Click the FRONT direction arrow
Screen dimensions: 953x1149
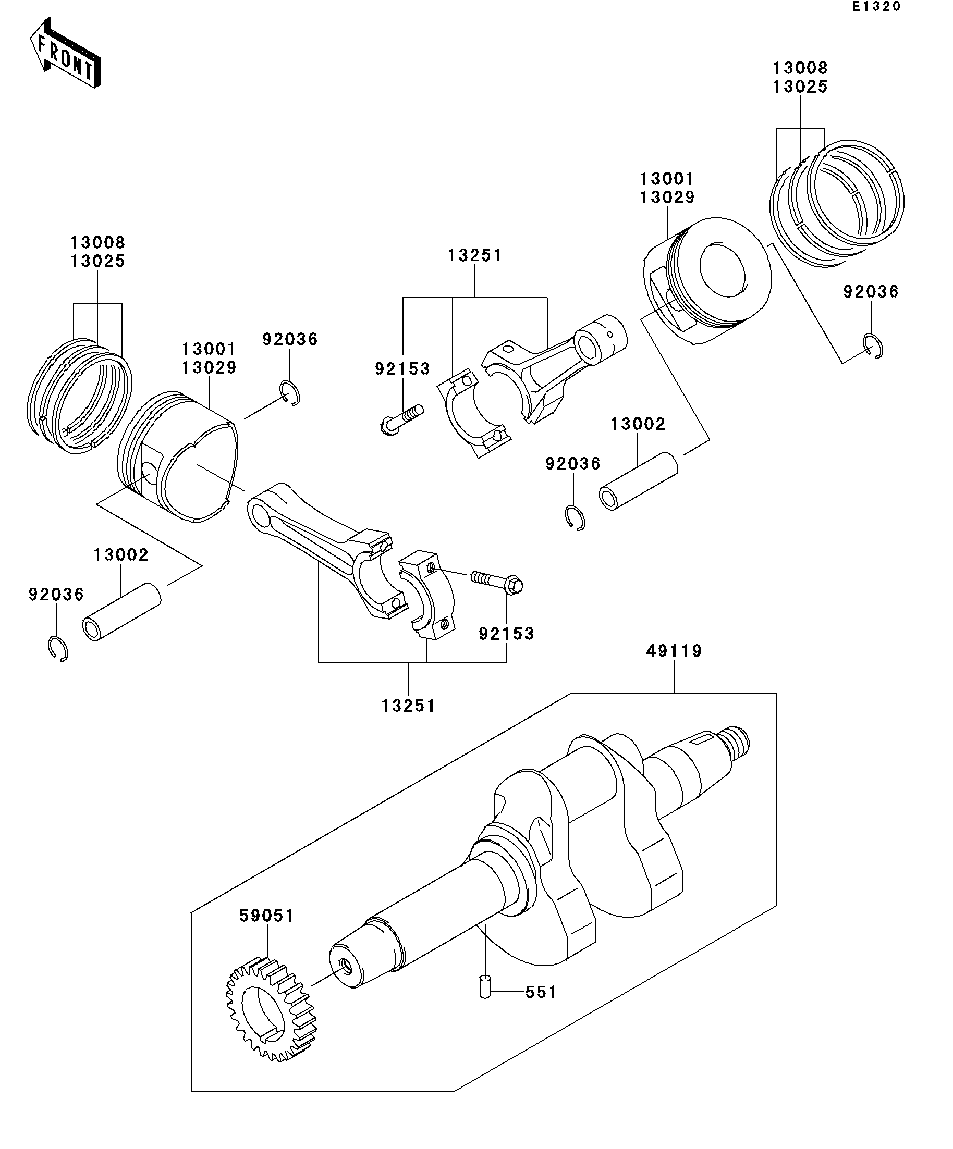pos(65,53)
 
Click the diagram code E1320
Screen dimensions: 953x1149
pos(876,7)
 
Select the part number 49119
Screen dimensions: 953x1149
pos(674,651)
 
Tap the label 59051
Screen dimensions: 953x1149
pos(266,916)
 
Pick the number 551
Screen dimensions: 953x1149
pos(541,993)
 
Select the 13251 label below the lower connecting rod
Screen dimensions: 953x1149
pos(408,706)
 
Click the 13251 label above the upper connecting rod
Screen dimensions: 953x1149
pos(474,255)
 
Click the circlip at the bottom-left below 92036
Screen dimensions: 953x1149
pos(57,649)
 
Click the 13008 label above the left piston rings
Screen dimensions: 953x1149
pos(98,242)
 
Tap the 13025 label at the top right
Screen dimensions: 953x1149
pos(800,87)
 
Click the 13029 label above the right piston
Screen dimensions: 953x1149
pos(667,197)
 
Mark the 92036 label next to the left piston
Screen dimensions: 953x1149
pos(289,340)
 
